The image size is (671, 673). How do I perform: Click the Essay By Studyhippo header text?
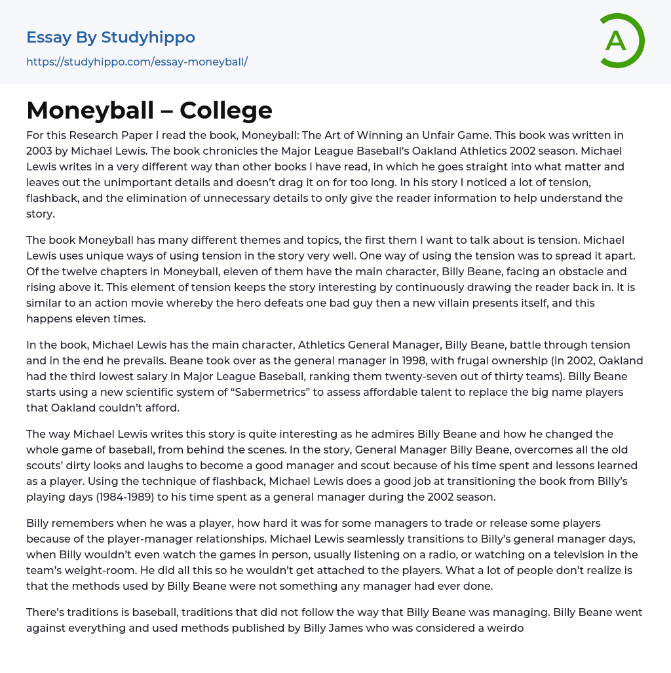[x=111, y=37]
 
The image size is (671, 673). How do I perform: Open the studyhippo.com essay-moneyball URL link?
[x=137, y=62]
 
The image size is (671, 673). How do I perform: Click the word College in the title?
[x=226, y=110]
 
